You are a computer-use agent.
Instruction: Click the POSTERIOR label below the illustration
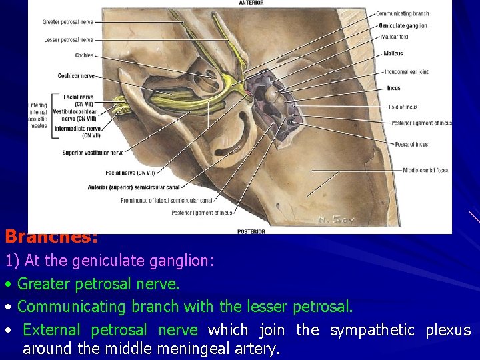pyautogui.click(x=251, y=231)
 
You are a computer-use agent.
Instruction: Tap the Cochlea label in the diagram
pyautogui.click(x=84, y=55)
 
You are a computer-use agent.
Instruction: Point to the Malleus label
pyautogui.click(x=393, y=54)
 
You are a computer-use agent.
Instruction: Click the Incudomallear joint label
pyautogui.click(x=406, y=72)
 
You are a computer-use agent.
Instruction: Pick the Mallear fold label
pyautogui.click(x=394, y=37)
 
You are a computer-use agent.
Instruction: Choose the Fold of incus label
pyautogui.click(x=403, y=107)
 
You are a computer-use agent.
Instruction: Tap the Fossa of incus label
pyautogui.click(x=411, y=145)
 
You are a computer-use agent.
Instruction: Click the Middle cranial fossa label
pyautogui.click(x=425, y=170)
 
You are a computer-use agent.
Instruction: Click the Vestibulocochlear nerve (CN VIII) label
pyautogui.click(x=74, y=115)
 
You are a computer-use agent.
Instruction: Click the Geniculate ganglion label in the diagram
pyautogui.click(x=403, y=25)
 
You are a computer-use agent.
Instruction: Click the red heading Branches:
pyautogui.click(x=52, y=237)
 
